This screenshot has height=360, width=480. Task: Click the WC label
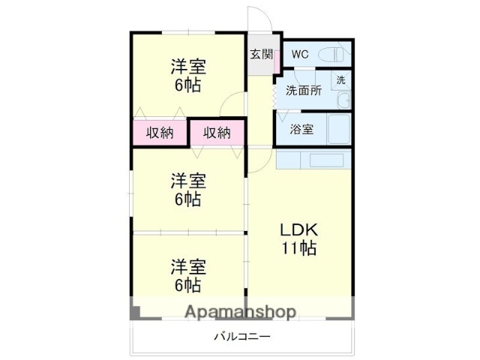coord(300,54)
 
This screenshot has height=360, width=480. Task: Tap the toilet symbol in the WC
coord(334,54)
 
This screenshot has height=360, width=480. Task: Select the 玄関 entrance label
coord(261,54)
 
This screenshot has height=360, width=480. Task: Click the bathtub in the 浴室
coord(339,129)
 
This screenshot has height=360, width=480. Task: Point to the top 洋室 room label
coord(187,66)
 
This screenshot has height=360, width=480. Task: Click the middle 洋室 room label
coord(187,181)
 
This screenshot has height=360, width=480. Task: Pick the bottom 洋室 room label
coord(187,266)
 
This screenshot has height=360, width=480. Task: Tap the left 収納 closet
coord(160,133)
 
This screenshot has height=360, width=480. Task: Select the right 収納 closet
coord(217,133)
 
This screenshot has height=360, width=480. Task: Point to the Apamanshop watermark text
coord(240,311)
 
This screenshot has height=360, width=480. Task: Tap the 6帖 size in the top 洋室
coord(187,85)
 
